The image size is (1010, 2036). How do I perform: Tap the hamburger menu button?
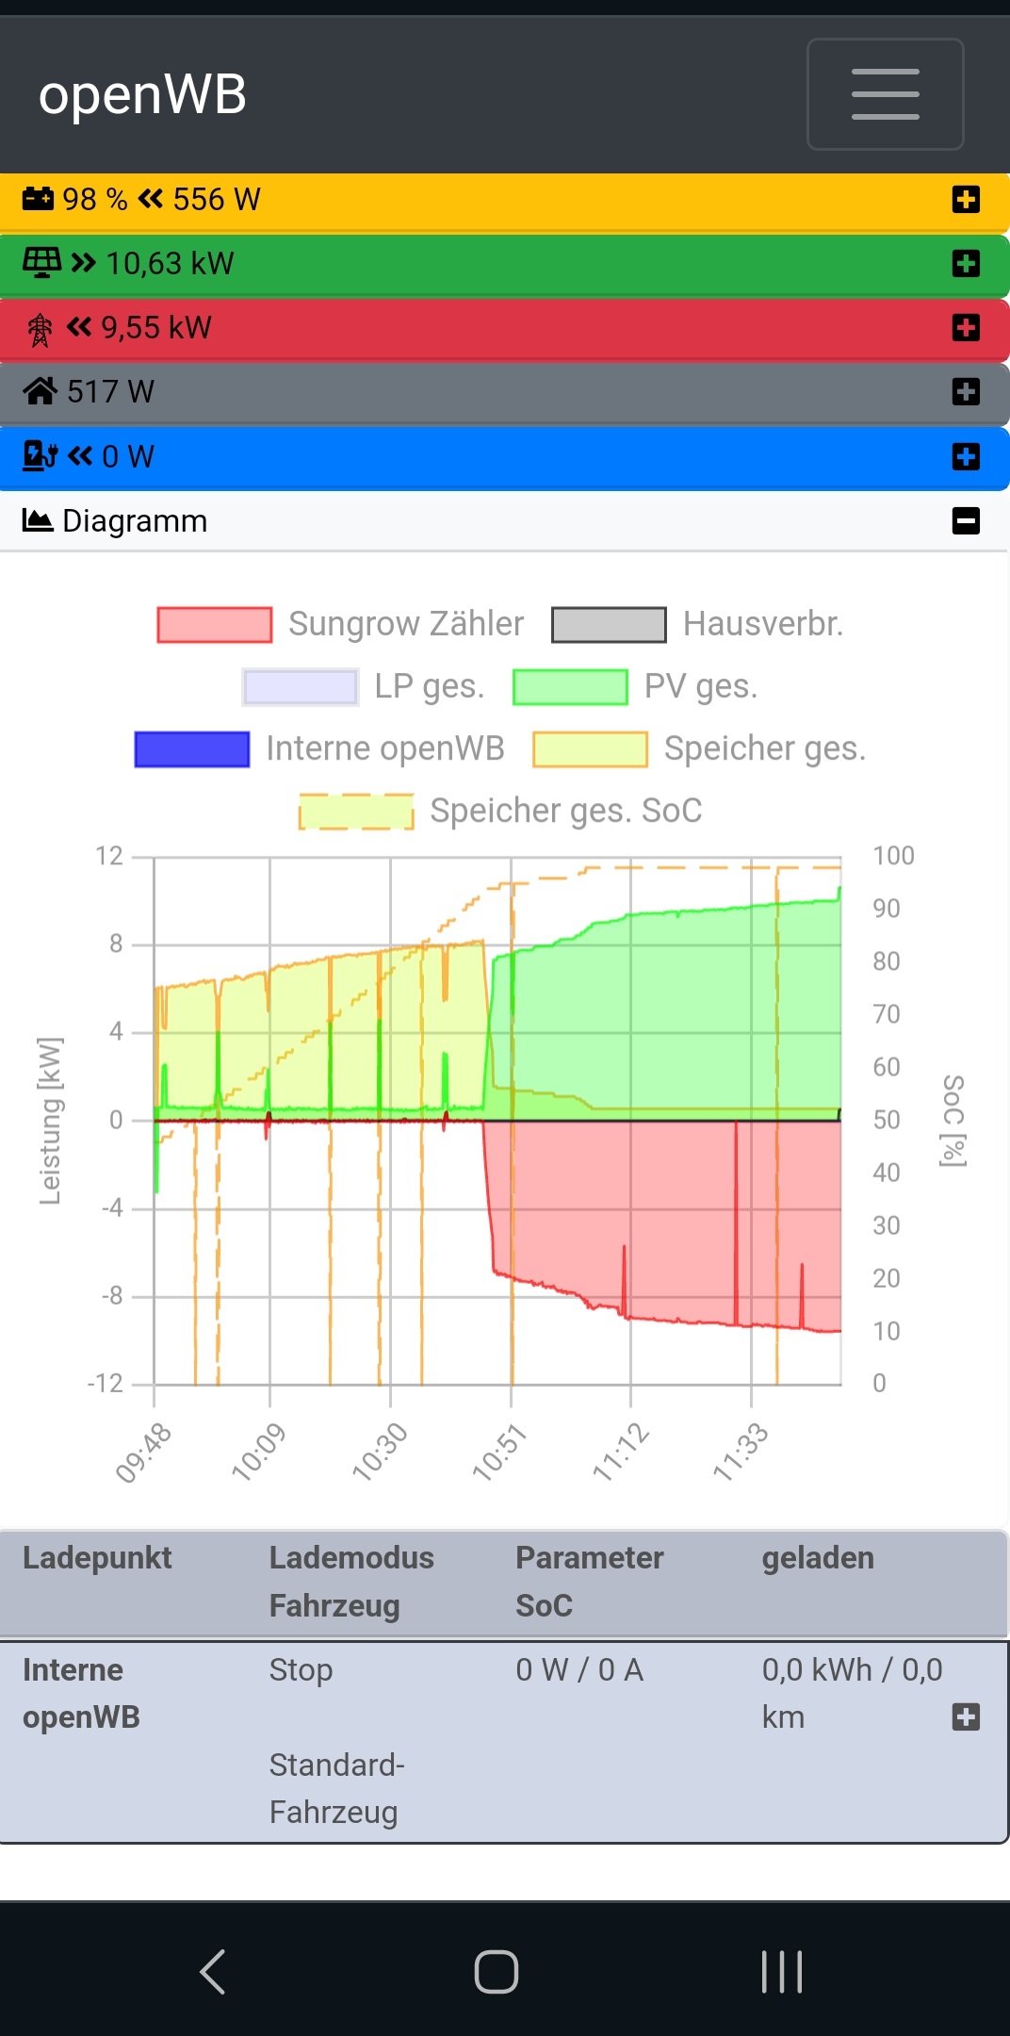coord(885,94)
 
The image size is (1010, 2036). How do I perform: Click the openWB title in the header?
coord(142,94)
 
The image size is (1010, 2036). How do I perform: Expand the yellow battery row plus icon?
coord(966,200)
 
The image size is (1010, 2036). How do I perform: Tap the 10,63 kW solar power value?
coord(170,264)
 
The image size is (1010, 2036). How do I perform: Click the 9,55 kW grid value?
coord(155,328)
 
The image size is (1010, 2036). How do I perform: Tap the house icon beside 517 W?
coord(40,391)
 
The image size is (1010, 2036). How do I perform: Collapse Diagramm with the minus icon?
coord(966,521)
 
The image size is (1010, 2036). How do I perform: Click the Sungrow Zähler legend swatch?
coord(215,625)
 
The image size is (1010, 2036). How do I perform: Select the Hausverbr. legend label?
coord(762,624)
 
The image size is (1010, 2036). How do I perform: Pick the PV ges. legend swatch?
coord(570,687)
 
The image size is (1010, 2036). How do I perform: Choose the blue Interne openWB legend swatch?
coord(192,749)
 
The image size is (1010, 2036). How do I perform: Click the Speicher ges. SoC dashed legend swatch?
coord(356,812)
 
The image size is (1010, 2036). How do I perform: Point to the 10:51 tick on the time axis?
coord(499,1452)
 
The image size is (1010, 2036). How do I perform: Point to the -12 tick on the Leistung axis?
coord(106,1384)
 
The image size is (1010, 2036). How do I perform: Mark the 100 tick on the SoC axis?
coord(893,856)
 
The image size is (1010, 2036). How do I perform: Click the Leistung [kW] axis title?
coord(49,1121)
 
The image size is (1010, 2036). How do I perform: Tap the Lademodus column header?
coord(351,1558)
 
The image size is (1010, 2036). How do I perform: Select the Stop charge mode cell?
coord(301,1670)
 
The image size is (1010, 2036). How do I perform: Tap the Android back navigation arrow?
coord(213,1971)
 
